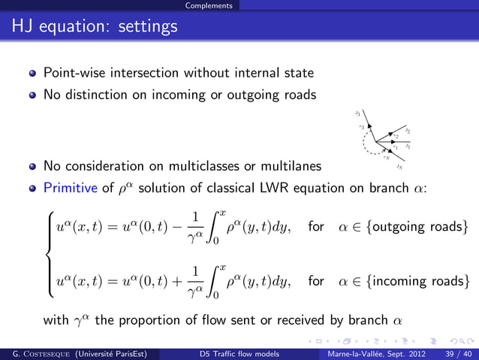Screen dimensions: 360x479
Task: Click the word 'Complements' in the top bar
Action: (211, 5)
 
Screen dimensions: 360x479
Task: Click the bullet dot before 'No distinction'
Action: (32, 96)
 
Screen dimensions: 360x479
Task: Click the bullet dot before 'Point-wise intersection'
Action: (32, 74)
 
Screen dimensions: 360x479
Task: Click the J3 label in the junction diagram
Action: (358, 113)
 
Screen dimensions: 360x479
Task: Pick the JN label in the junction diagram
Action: (399, 168)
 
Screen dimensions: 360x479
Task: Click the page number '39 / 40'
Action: (456, 353)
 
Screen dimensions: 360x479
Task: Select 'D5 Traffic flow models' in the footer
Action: (239, 353)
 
